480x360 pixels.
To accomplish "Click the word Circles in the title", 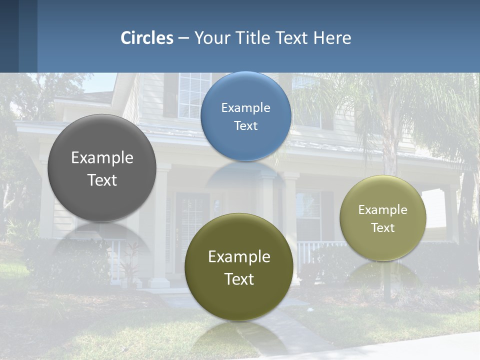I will tap(147, 38).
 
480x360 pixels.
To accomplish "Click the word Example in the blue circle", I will tap(245, 108).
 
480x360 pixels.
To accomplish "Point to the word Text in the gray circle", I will tap(102, 180).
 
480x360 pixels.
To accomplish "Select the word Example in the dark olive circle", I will tap(239, 257).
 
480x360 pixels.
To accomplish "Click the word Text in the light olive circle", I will tap(382, 228).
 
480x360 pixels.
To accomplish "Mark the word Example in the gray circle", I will tap(102, 158).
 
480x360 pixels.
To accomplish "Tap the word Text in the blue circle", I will tap(245, 126).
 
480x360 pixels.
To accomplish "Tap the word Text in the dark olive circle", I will tap(239, 279).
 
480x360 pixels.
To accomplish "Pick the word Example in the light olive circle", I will tap(382, 210).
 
